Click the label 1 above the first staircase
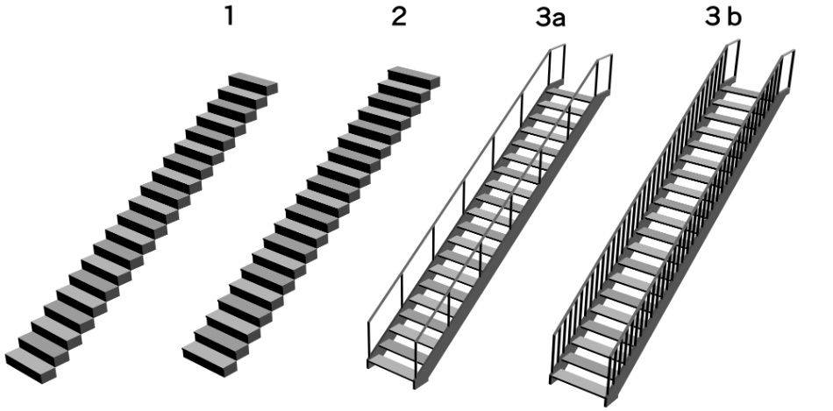(229, 17)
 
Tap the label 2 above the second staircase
(399, 17)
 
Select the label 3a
(550, 17)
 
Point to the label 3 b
(723, 17)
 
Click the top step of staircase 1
(253, 83)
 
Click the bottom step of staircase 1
(31, 365)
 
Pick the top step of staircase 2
(414, 77)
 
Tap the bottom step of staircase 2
(210, 359)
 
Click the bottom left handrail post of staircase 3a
(368, 342)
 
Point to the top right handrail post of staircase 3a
(610, 74)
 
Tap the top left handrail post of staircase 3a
(563, 64)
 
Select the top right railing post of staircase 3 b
(792, 69)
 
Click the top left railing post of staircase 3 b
(737, 60)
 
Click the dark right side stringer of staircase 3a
(513, 239)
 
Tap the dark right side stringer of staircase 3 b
(697, 244)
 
